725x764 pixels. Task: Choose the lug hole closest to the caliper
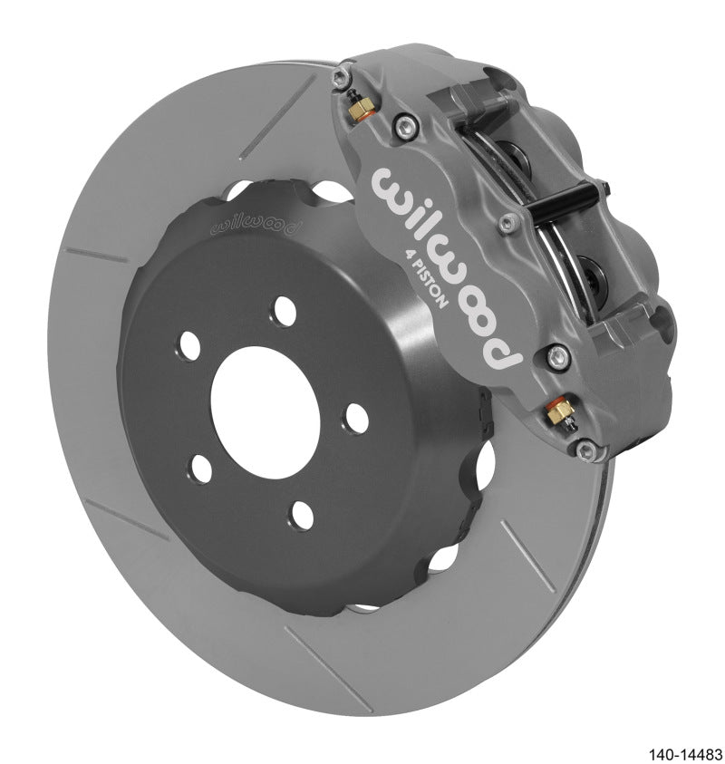356,417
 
